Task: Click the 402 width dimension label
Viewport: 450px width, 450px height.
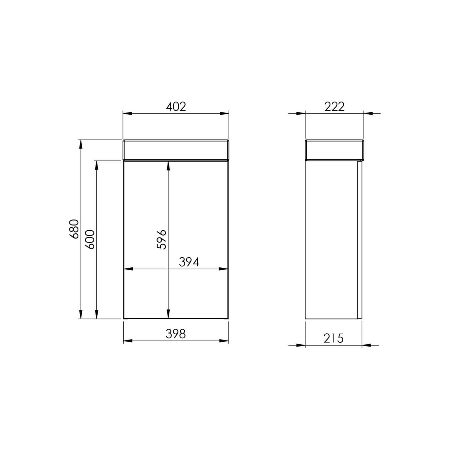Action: pyautogui.click(x=176, y=106)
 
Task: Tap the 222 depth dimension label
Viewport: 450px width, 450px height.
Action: pyautogui.click(x=334, y=106)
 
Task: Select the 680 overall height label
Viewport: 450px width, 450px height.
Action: pyautogui.click(x=74, y=229)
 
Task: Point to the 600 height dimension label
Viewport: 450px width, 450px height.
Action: pyautogui.click(x=90, y=239)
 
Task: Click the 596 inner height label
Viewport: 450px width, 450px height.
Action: pyautogui.click(x=162, y=239)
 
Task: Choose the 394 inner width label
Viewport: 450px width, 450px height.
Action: pyautogui.click(x=189, y=262)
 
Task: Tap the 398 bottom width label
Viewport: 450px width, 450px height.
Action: pyautogui.click(x=176, y=334)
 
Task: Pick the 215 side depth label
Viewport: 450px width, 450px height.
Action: pyautogui.click(x=334, y=338)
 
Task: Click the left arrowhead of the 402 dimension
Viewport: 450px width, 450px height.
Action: pyautogui.click(x=127, y=113)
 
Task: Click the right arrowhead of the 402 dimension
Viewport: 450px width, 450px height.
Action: pyautogui.click(x=224, y=113)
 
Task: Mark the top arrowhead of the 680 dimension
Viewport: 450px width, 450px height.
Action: pyautogui.click(x=81, y=144)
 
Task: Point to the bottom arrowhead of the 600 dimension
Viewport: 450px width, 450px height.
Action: pyautogui.click(x=96, y=315)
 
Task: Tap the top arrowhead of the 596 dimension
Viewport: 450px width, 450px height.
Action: pyautogui.click(x=168, y=166)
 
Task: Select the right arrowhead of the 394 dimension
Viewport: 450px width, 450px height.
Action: pyautogui.click(x=224, y=269)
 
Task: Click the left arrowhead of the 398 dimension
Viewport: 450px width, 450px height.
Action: pyautogui.click(x=128, y=341)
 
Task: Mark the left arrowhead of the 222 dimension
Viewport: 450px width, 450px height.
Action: pyautogui.click(x=301, y=113)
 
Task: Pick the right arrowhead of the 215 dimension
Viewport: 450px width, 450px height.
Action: pyautogui.click(x=366, y=345)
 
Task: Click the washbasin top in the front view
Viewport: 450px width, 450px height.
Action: pyautogui.click(x=176, y=150)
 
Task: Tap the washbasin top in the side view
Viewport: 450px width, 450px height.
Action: pyautogui.click(x=334, y=150)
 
